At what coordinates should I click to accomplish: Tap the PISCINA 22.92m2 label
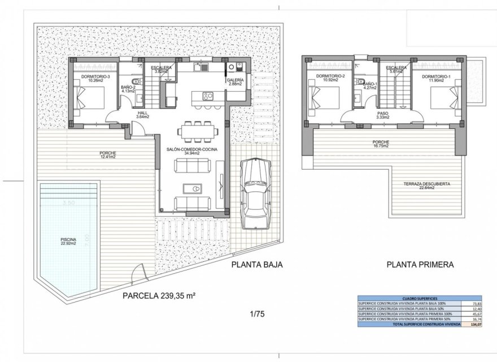pyautogui.click(x=68, y=242)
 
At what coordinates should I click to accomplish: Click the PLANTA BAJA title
pyautogui.click(x=256, y=264)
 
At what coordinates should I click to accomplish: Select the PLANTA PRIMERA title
pyautogui.click(x=420, y=264)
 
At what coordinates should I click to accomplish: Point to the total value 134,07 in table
pyautogui.click(x=470, y=324)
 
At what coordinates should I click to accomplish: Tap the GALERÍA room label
pyautogui.click(x=234, y=82)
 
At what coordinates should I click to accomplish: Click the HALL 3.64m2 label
pyautogui.click(x=143, y=115)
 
